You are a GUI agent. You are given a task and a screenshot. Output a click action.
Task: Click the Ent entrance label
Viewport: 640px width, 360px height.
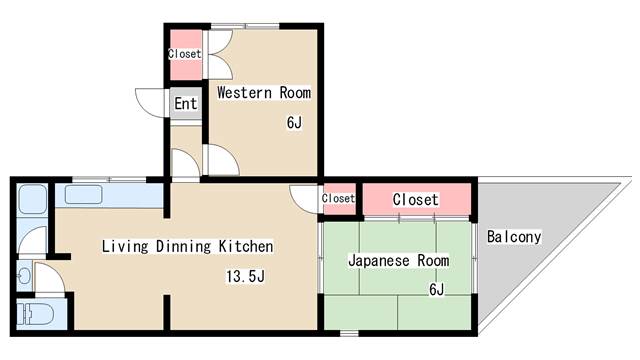(186, 103)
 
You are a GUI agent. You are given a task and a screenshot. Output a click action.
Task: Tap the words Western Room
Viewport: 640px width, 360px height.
(264, 93)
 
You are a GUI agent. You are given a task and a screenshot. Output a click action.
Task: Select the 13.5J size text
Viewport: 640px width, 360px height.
(245, 276)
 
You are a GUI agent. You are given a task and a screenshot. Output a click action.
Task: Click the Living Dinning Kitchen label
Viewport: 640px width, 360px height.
(187, 246)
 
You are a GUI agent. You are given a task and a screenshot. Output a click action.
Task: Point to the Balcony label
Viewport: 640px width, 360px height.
(514, 237)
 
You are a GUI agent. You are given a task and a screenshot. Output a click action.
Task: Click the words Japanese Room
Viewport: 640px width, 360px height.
(398, 260)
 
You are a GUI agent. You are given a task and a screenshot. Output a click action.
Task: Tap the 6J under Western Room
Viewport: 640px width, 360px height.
(294, 122)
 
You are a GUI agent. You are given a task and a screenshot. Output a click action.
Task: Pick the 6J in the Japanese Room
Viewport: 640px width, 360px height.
(436, 289)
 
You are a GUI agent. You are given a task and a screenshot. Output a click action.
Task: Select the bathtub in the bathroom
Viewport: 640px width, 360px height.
(32, 199)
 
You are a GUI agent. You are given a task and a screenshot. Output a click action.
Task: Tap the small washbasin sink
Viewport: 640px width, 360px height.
(24, 276)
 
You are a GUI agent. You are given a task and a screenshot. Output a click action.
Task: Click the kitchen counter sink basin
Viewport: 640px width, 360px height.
(83, 195)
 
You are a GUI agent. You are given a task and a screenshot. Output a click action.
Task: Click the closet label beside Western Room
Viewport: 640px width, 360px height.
(184, 53)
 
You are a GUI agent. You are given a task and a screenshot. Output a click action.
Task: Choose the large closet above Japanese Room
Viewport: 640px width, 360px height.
(416, 200)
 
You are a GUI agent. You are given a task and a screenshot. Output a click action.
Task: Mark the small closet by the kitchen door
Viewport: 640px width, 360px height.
(338, 198)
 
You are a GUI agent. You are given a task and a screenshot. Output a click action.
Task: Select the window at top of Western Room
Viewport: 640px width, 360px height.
(245, 27)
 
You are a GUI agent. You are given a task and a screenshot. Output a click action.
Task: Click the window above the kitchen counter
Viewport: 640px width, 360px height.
(109, 179)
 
